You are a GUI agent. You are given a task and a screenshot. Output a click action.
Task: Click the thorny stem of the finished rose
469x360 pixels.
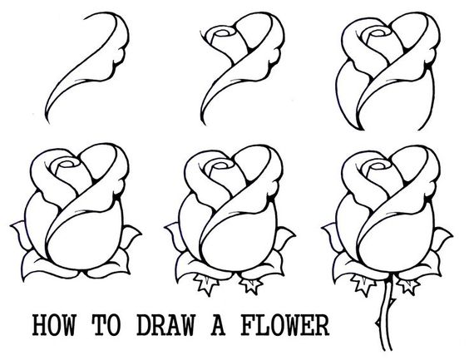click(x=384, y=320)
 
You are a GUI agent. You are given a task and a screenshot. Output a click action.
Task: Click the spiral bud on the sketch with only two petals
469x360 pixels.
click(x=222, y=37)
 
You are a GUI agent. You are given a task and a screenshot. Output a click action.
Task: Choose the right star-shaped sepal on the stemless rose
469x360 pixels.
click(x=248, y=285)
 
